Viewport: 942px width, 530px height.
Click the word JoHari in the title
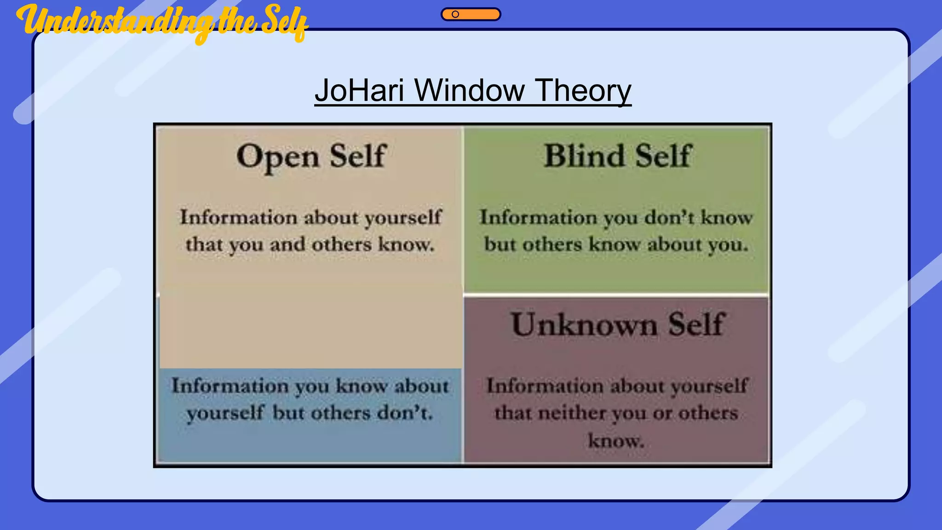359,90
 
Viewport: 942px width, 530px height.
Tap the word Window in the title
469,90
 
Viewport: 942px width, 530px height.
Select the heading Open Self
311,156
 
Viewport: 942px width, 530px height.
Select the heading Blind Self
617,156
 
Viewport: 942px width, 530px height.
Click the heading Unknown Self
617,325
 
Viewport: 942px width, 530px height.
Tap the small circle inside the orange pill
455,14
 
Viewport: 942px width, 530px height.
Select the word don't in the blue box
405,413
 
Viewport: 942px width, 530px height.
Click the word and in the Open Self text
287,245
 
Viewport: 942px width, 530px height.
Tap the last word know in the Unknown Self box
615,441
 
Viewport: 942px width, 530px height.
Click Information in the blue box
230,386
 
